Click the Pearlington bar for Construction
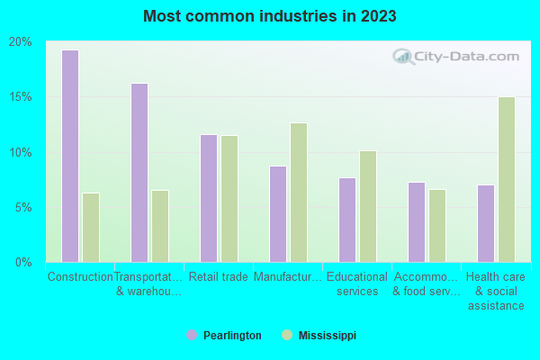click(x=70, y=156)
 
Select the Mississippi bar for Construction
click(x=91, y=227)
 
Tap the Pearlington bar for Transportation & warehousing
click(x=139, y=172)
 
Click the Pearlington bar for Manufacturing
click(x=278, y=213)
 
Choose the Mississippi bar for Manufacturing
click(x=299, y=192)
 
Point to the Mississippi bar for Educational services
click(x=368, y=206)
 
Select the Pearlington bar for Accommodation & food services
click(x=417, y=221)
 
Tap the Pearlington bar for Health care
click(x=486, y=223)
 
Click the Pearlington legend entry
click(x=224, y=336)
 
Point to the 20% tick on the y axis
click(x=21, y=42)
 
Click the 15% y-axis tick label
click(x=21, y=97)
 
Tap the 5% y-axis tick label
click(x=23, y=207)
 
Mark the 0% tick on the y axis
click(x=23, y=262)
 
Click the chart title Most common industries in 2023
click(x=270, y=16)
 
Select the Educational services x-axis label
click(x=357, y=284)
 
